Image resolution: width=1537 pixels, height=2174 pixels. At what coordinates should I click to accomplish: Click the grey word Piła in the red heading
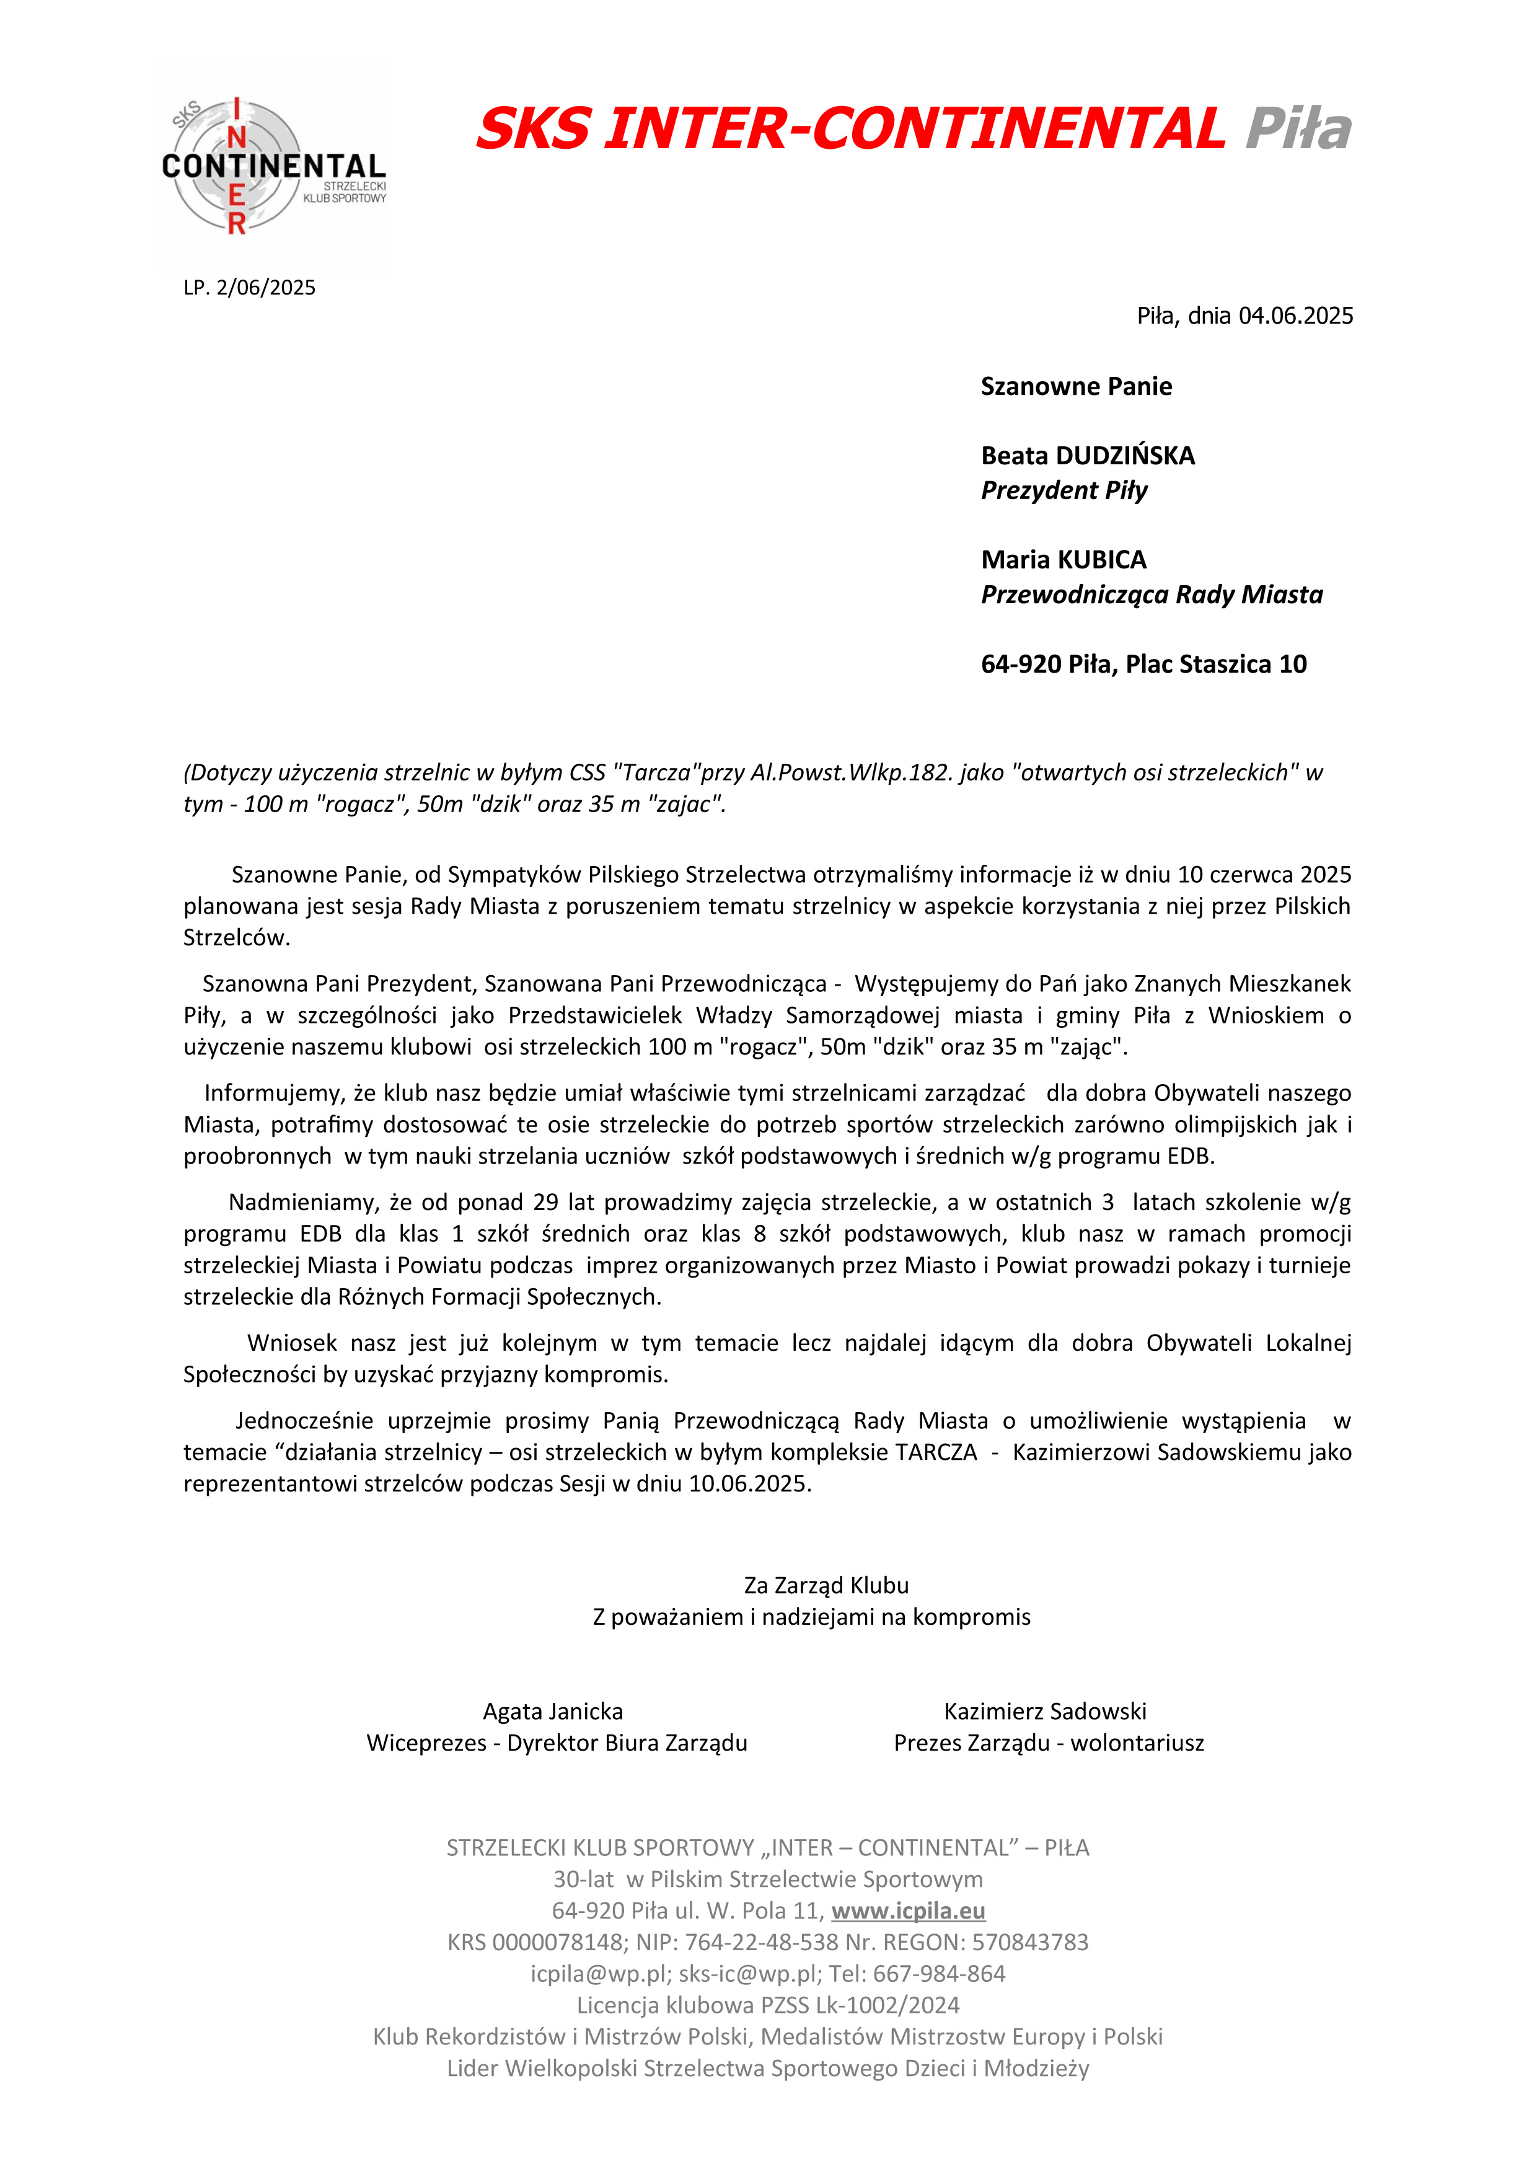1298,129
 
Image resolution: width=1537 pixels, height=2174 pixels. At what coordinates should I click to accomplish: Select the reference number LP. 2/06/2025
250,288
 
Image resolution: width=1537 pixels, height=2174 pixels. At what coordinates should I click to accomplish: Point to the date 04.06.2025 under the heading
1296,316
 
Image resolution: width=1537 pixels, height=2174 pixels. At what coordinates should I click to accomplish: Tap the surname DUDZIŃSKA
1125,456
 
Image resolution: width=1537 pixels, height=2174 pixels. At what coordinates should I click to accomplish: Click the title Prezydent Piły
1064,490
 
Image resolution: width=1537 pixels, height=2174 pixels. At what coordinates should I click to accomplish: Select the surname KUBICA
1103,560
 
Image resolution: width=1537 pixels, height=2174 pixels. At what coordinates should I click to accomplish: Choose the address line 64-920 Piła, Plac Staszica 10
1143,665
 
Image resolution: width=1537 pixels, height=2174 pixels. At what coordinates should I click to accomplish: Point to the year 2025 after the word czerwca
1325,875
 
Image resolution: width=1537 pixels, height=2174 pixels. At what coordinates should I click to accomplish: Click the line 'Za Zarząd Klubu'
826,1585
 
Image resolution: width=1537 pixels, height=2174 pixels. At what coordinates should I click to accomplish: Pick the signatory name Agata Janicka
553,1712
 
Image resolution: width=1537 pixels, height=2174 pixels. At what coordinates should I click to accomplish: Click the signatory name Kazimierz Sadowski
1045,1712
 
